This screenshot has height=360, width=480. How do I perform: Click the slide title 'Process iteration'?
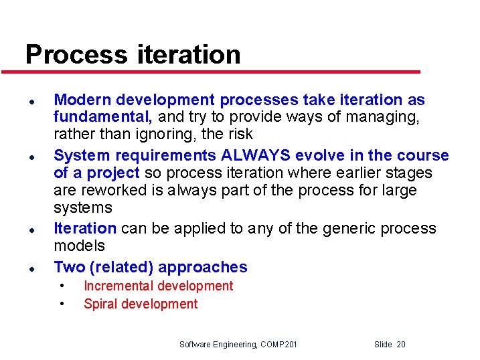coord(133,54)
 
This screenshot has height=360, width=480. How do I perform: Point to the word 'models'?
coord(79,246)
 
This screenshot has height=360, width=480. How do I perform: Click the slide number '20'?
coord(400,345)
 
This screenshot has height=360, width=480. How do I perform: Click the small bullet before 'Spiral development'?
coord(62,304)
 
